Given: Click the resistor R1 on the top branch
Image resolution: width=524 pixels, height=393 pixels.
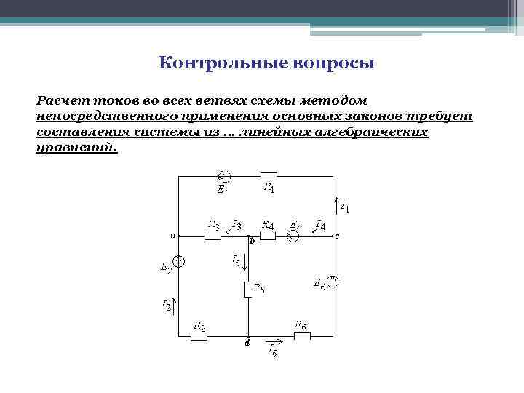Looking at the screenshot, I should tap(269, 175).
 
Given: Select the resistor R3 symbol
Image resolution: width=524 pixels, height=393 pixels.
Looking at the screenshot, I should tap(213, 236).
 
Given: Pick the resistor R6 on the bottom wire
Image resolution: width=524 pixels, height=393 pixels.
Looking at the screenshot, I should tap(301, 336).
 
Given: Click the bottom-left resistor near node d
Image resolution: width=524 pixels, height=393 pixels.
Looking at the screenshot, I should tap(198, 336).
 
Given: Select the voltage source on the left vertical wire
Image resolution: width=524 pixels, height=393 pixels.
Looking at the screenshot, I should tap(179, 261).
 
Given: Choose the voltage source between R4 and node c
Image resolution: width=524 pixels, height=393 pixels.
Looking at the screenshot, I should tap(293, 236).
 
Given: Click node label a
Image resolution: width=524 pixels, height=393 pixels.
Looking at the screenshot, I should tap(173, 236).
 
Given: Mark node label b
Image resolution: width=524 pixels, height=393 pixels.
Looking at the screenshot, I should tap(252, 241).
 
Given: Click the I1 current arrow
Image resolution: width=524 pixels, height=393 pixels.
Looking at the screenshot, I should tap(336, 202).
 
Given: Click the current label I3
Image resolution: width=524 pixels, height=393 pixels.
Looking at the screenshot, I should tap(236, 223).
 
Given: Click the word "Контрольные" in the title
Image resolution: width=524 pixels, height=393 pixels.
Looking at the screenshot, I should tap(211, 63).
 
